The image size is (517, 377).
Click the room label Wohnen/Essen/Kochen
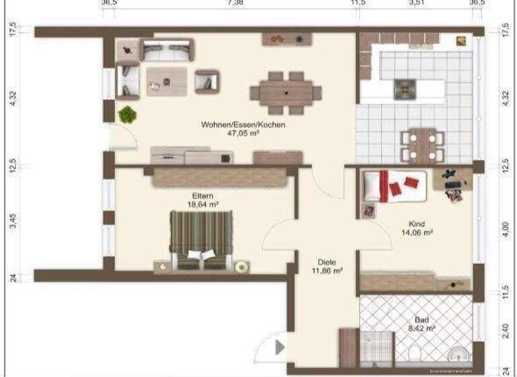click(x=243, y=125)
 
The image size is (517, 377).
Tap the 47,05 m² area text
click(x=243, y=133)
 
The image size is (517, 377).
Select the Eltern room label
click(x=202, y=195)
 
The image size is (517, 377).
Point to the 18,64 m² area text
click(x=202, y=204)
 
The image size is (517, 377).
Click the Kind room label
click(x=417, y=224)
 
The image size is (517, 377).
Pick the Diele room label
click(x=327, y=263)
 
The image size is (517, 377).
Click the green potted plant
click(x=127, y=114)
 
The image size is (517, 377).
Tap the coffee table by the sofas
click(x=167, y=80)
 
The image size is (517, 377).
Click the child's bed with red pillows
click(x=394, y=185)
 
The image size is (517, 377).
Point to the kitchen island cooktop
click(x=404, y=88)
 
